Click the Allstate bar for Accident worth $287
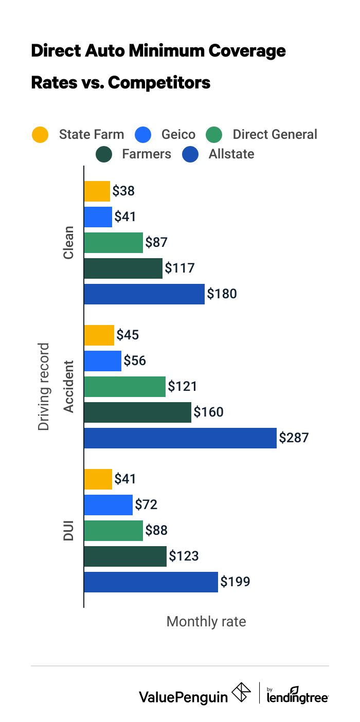point(180,438)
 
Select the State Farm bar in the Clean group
point(97,191)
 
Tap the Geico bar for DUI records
point(108,504)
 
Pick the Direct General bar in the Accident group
point(124,386)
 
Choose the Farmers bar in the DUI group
point(125,556)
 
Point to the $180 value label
point(222,294)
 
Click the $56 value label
point(135,361)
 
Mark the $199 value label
point(235,582)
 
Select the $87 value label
point(157,243)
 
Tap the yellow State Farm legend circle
point(40,135)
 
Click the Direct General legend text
point(275,135)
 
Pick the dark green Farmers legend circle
point(104,154)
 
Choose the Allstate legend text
point(231,154)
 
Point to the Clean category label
point(68,243)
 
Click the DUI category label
point(68,530)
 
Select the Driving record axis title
point(44,386)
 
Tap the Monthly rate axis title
point(206,622)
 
